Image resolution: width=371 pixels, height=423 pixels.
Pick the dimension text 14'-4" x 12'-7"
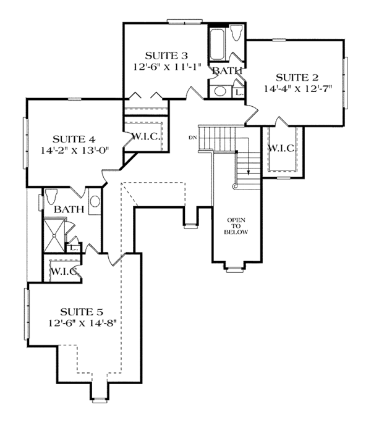click(x=297, y=88)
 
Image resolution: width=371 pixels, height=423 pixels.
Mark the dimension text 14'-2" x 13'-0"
click(x=73, y=149)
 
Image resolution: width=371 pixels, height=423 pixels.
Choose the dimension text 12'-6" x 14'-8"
click(x=81, y=323)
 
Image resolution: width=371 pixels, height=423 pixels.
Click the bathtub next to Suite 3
click(x=219, y=44)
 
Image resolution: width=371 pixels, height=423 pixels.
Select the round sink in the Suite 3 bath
click(x=221, y=92)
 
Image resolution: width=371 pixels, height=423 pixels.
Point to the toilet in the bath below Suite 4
click(x=51, y=198)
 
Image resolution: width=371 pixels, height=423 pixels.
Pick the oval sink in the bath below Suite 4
click(x=95, y=201)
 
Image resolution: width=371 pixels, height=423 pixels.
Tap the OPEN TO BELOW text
click(x=237, y=226)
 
